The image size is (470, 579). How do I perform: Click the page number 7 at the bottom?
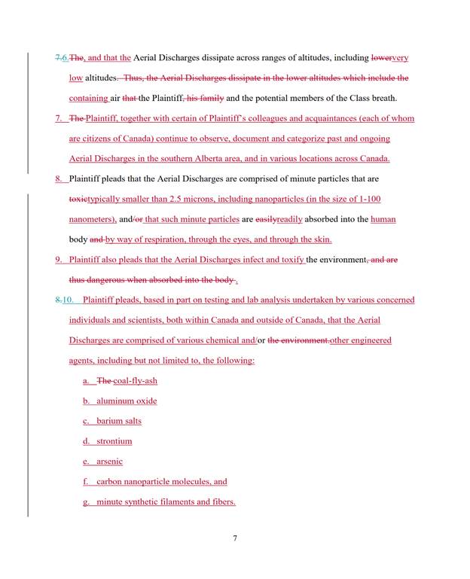coord(235,538)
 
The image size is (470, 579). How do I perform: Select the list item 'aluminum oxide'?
coord(127,401)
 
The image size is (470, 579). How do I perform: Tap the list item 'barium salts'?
coord(119,421)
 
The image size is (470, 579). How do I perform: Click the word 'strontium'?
coord(114,441)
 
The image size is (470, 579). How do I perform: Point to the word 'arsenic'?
coord(109,461)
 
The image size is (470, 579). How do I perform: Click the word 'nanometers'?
coord(92,219)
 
